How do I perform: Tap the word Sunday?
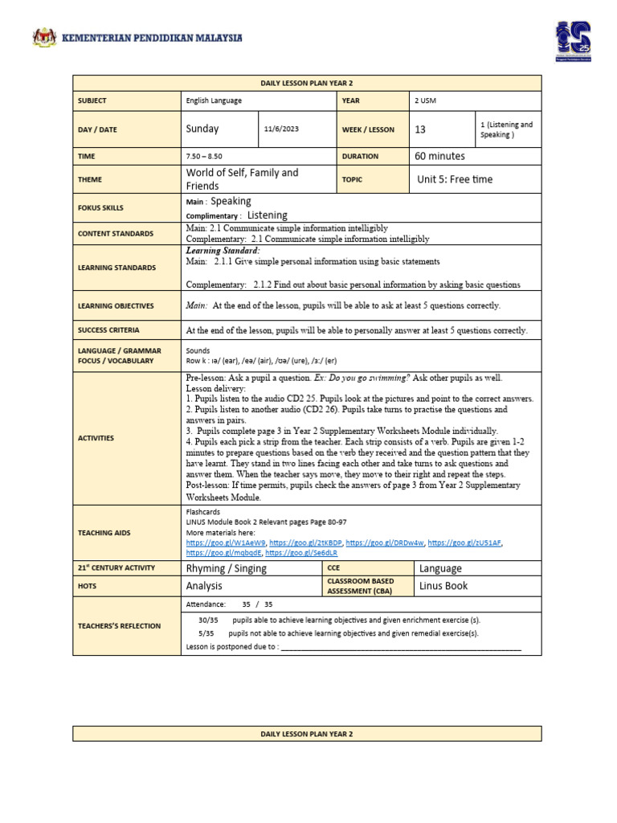pyautogui.click(x=202, y=129)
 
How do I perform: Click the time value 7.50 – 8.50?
pyautogui.click(x=206, y=157)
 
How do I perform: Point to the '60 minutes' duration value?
pyautogui.click(x=439, y=156)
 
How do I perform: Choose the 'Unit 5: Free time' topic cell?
pyautogui.click(x=455, y=179)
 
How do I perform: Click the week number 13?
pyautogui.click(x=421, y=129)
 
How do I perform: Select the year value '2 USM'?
pyautogui.click(x=426, y=100)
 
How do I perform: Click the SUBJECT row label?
pyautogui.click(x=92, y=100)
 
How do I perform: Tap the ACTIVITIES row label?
pyautogui.click(x=96, y=438)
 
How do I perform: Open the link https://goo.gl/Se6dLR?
pyautogui.click(x=301, y=553)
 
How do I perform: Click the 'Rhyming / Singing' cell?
pyautogui.click(x=226, y=568)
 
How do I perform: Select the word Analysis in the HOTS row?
pyautogui.click(x=204, y=586)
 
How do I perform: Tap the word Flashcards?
pyautogui.click(x=202, y=511)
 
